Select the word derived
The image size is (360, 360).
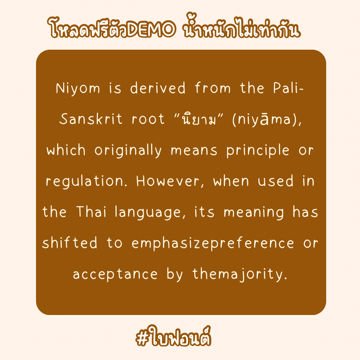tap(158, 88)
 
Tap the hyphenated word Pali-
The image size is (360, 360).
tap(288, 88)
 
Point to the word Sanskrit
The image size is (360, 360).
tap(90, 119)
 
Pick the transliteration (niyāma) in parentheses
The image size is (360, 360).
tap(266, 119)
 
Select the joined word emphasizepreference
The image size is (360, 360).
tap(213, 243)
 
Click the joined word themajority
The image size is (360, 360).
tap(240, 274)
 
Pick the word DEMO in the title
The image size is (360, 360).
tap(152, 29)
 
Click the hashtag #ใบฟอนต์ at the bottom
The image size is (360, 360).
tap(174, 337)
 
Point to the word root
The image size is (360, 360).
tap(148, 119)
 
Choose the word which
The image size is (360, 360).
tap(66, 150)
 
